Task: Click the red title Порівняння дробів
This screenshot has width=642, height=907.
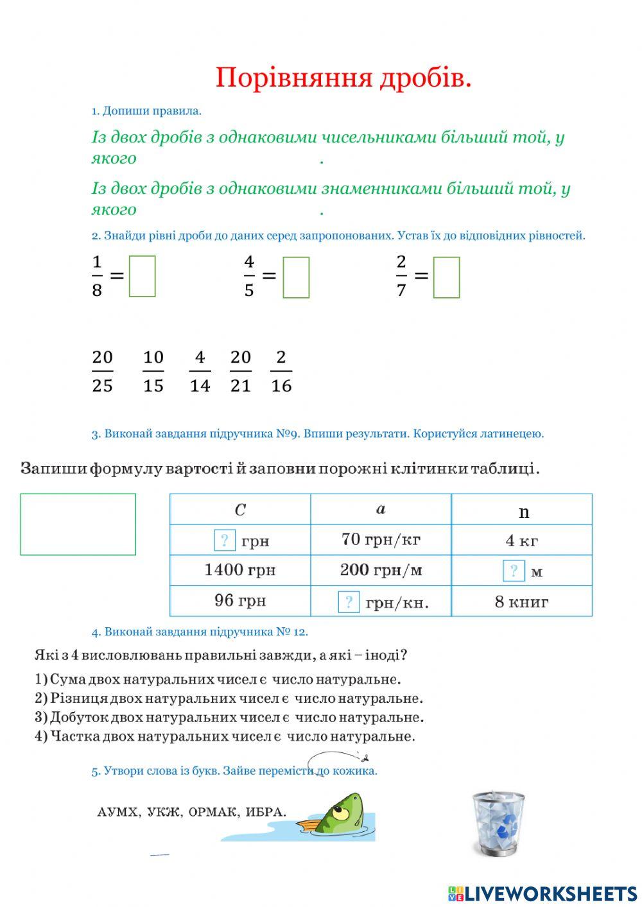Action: click(x=343, y=78)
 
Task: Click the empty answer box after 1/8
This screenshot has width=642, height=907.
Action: click(x=142, y=277)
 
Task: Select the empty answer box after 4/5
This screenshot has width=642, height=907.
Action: click(x=296, y=277)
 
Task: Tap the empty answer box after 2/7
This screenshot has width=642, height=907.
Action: click(x=446, y=277)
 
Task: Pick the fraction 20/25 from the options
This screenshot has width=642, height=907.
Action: click(x=102, y=371)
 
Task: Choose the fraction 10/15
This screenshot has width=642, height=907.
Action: click(x=153, y=371)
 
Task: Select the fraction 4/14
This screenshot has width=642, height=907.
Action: click(x=200, y=371)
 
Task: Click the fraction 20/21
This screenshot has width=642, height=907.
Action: click(x=240, y=371)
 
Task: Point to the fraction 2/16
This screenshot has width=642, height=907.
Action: click(x=281, y=371)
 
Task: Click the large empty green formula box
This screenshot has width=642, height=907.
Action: click(x=78, y=524)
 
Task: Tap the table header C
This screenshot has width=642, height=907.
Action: click(x=240, y=510)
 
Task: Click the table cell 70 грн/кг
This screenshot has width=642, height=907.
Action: click(x=381, y=539)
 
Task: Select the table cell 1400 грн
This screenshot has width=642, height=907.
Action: click(x=239, y=570)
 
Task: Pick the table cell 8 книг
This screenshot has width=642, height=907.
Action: click(x=521, y=602)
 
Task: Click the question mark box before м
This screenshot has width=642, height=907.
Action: click(x=513, y=571)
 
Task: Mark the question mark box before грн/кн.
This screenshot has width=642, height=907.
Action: click(x=349, y=602)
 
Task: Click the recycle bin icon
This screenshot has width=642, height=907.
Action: click(x=498, y=824)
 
